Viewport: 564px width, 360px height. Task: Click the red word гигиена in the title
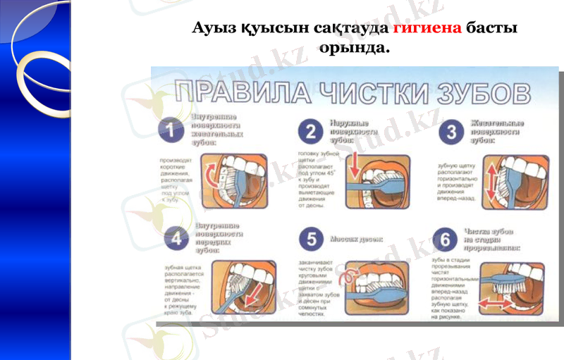click(x=427, y=29)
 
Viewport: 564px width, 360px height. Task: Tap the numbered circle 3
click(x=451, y=132)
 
